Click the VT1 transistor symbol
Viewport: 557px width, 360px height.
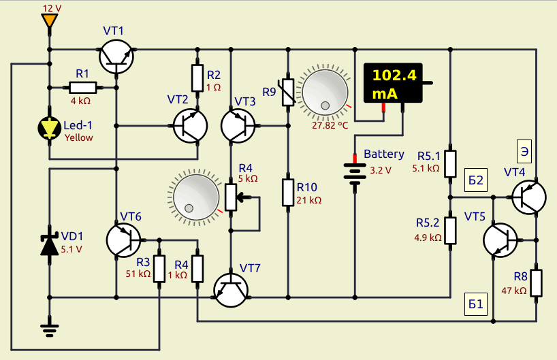pyautogui.click(x=116, y=56)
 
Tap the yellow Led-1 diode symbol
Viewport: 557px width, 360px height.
pyautogui.click(x=50, y=128)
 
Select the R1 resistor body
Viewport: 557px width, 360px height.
pyautogui.click(x=83, y=88)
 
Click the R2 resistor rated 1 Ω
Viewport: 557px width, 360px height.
pyautogui.click(x=197, y=78)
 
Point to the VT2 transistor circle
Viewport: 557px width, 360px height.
pyautogui.click(x=191, y=126)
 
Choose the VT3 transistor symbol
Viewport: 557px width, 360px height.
pyautogui.click(x=238, y=126)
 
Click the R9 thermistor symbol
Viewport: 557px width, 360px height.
pyautogui.click(x=288, y=93)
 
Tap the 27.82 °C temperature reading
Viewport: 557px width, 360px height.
pyautogui.click(x=330, y=125)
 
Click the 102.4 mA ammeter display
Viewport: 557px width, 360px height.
pyautogui.click(x=394, y=83)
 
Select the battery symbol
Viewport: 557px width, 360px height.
pyautogui.click(x=355, y=174)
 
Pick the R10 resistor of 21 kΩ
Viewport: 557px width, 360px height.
pyautogui.click(x=288, y=193)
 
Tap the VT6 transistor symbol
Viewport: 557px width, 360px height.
pyautogui.click(x=124, y=240)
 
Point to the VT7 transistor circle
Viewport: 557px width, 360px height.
pyautogui.click(x=231, y=290)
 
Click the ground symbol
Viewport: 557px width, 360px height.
pyautogui.click(x=50, y=330)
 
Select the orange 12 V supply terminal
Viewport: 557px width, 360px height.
pyautogui.click(x=50, y=20)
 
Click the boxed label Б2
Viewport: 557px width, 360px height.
pyautogui.click(x=476, y=180)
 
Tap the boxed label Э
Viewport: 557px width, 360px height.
pyautogui.click(x=524, y=152)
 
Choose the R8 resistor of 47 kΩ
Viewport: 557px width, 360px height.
pyautogui.click(x=537, y=283)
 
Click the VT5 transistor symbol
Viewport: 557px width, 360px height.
pyautogui.click(x=500, y=240)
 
